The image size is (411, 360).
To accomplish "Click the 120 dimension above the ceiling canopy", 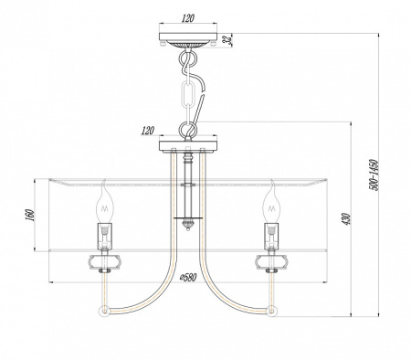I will click(189, 17).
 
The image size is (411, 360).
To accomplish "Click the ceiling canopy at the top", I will click(189, 41).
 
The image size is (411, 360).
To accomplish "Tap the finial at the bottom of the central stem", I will click(186, 222).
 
